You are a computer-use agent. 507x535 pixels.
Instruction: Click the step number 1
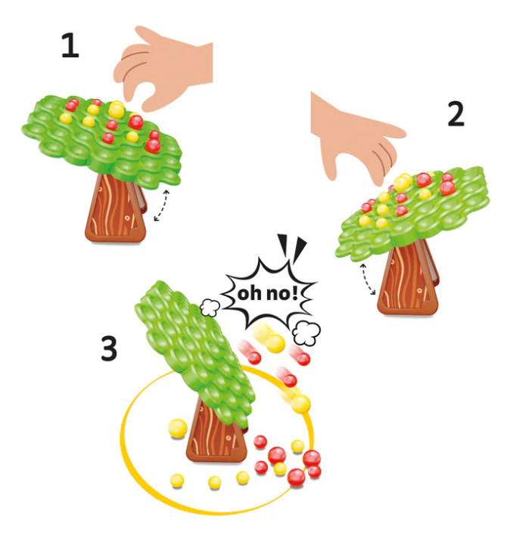(x=70, y=46)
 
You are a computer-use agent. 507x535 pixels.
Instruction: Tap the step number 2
(x=455, y=113)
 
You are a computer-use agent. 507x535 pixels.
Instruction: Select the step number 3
(x=110, y=348)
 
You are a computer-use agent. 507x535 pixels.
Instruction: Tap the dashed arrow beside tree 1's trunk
(x=161, y=206)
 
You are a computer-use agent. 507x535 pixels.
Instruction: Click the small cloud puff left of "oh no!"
(x=210, y=306)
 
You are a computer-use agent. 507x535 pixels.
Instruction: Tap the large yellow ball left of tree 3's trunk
(x=176, y=428)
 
